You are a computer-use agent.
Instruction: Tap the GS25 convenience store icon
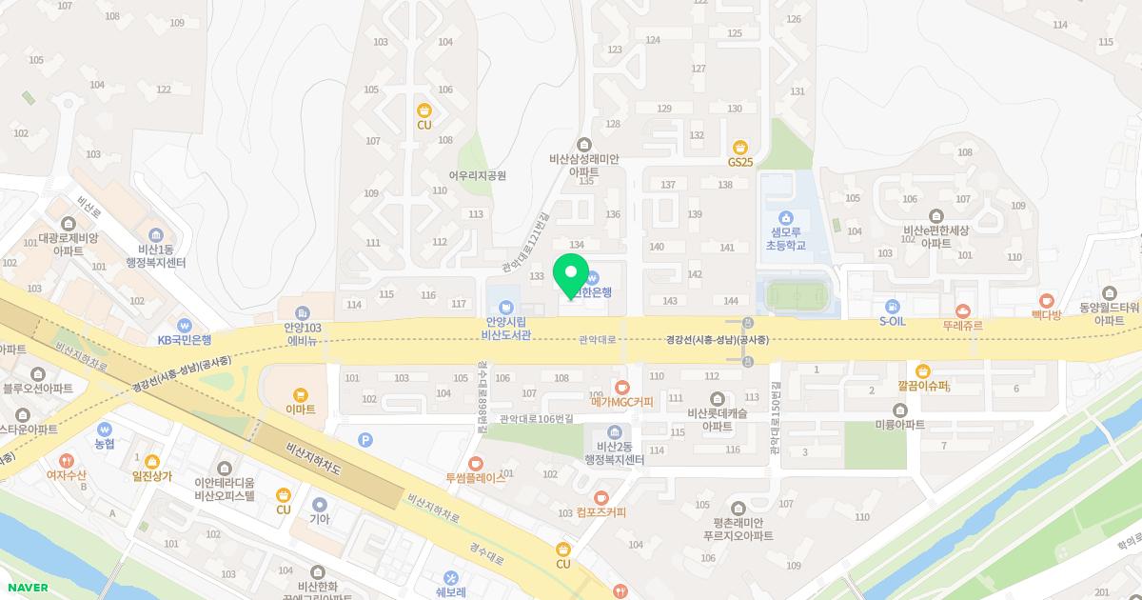(x=740, y=147)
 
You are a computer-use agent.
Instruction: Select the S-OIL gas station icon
(x=893, y=307)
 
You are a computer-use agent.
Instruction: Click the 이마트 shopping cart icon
(x=301, y=394)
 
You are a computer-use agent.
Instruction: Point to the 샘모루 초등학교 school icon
(x=785, y=217)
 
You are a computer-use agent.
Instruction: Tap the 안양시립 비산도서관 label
(x=505, y=328)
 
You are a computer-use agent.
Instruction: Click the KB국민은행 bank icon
(x=185, y=325)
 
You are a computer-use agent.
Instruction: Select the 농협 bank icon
(x=105, y=430)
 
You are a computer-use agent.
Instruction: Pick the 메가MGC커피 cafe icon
(x=621, y=387)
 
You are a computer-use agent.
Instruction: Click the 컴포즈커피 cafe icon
(x=601, y=497)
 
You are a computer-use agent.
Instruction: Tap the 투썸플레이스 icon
(x=476, y=464)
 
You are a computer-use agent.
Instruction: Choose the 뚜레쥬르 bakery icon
(x=962, y=310)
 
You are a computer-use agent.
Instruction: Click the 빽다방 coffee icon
(x=1047, y=300)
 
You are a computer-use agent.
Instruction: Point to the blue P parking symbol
(x=364, y=439)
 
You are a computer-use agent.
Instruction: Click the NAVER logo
(x=26, y=588)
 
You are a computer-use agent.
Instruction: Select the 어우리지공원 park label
(x=477, y=175)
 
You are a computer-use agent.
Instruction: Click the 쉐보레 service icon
(x=450, y=577)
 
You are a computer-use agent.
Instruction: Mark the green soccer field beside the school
(x=797, y=297)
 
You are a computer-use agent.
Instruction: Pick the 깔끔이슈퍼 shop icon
(x=922, y=371)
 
